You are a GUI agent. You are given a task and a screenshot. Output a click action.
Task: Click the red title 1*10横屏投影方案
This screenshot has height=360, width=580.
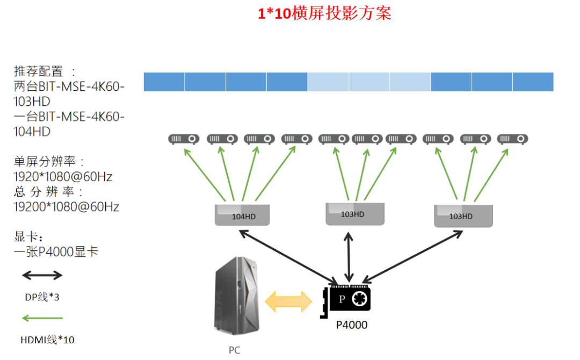(324, 13)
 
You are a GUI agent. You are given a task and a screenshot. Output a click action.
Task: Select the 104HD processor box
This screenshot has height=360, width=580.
(242, 215)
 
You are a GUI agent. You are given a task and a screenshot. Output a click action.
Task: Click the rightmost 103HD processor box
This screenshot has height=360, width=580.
(462, 215)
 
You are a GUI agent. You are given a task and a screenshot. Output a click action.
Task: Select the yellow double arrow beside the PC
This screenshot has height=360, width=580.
(289, 301)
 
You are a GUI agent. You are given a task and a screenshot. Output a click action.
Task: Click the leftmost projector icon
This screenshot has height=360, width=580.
(184, 139)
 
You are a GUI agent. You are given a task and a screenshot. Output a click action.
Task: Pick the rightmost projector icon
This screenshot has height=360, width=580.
(512, 139)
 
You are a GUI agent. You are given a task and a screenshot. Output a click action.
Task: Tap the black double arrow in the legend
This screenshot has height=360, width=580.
(42, 276)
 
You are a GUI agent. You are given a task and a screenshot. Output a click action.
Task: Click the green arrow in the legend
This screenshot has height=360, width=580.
(42, 319)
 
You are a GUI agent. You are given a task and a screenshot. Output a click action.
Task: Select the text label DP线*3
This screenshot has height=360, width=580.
(42, 297)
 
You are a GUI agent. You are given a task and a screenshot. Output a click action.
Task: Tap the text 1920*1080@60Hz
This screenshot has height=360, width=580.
(63, 176)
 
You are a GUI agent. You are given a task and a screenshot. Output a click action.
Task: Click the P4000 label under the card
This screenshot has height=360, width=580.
(352, 325)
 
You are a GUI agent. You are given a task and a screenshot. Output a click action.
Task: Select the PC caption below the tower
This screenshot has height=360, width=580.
(234, 350)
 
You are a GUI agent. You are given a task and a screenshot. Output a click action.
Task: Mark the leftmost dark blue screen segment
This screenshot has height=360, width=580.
(164, 82)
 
